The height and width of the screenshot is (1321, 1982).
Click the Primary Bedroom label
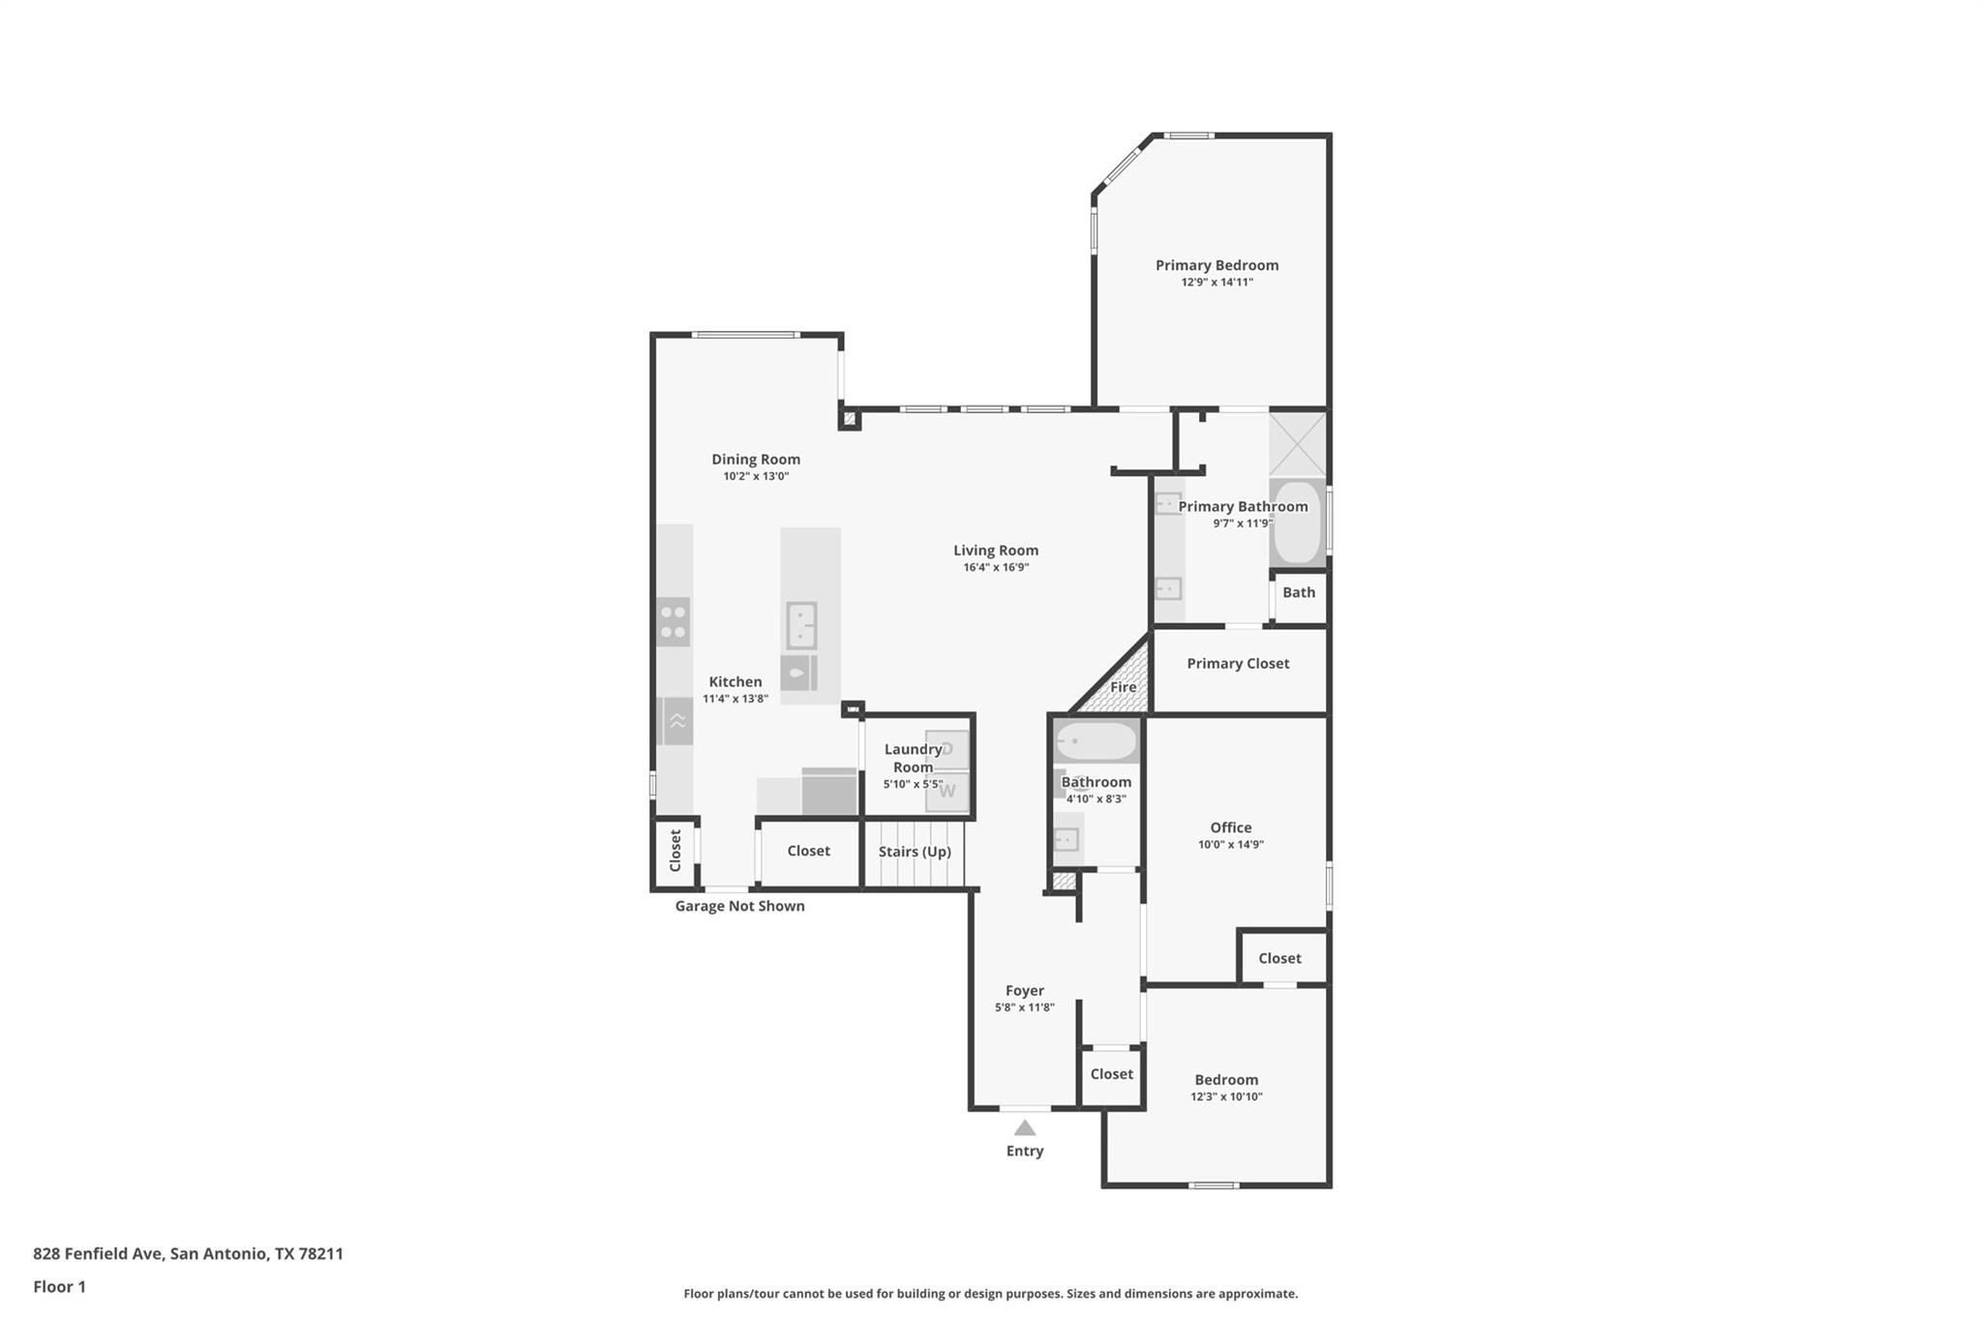point(1216,265)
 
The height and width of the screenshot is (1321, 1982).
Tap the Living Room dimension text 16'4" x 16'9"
point(996,568)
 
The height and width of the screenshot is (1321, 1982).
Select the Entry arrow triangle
point(1025,1127)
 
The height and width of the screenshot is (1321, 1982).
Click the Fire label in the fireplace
point(1123,687)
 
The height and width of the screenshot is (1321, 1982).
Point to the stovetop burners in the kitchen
point(674,622)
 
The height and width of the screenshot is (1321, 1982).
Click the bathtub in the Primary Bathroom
point(1297,523)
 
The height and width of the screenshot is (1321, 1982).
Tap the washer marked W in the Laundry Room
point(947,792)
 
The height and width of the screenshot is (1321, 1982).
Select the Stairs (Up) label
point(915,852)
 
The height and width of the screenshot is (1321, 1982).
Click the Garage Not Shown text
point(739,906)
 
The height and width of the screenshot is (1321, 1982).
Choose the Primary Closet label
point(1238,663)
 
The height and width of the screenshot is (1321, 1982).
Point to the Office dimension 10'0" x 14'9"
point(1231,845)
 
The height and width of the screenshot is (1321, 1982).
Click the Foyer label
point(1024,991)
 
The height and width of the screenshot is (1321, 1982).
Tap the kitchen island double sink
point(801,625)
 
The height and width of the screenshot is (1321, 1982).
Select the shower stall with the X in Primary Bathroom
point(1297,444)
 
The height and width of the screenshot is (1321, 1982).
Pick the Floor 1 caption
point(59,1286)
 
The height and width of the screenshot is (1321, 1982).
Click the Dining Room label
point(756,460)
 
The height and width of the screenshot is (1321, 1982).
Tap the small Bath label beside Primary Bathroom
point(1299,592)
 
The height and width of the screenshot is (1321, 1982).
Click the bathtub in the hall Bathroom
point(1096,742)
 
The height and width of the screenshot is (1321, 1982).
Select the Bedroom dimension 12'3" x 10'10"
point(1226,1097)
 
